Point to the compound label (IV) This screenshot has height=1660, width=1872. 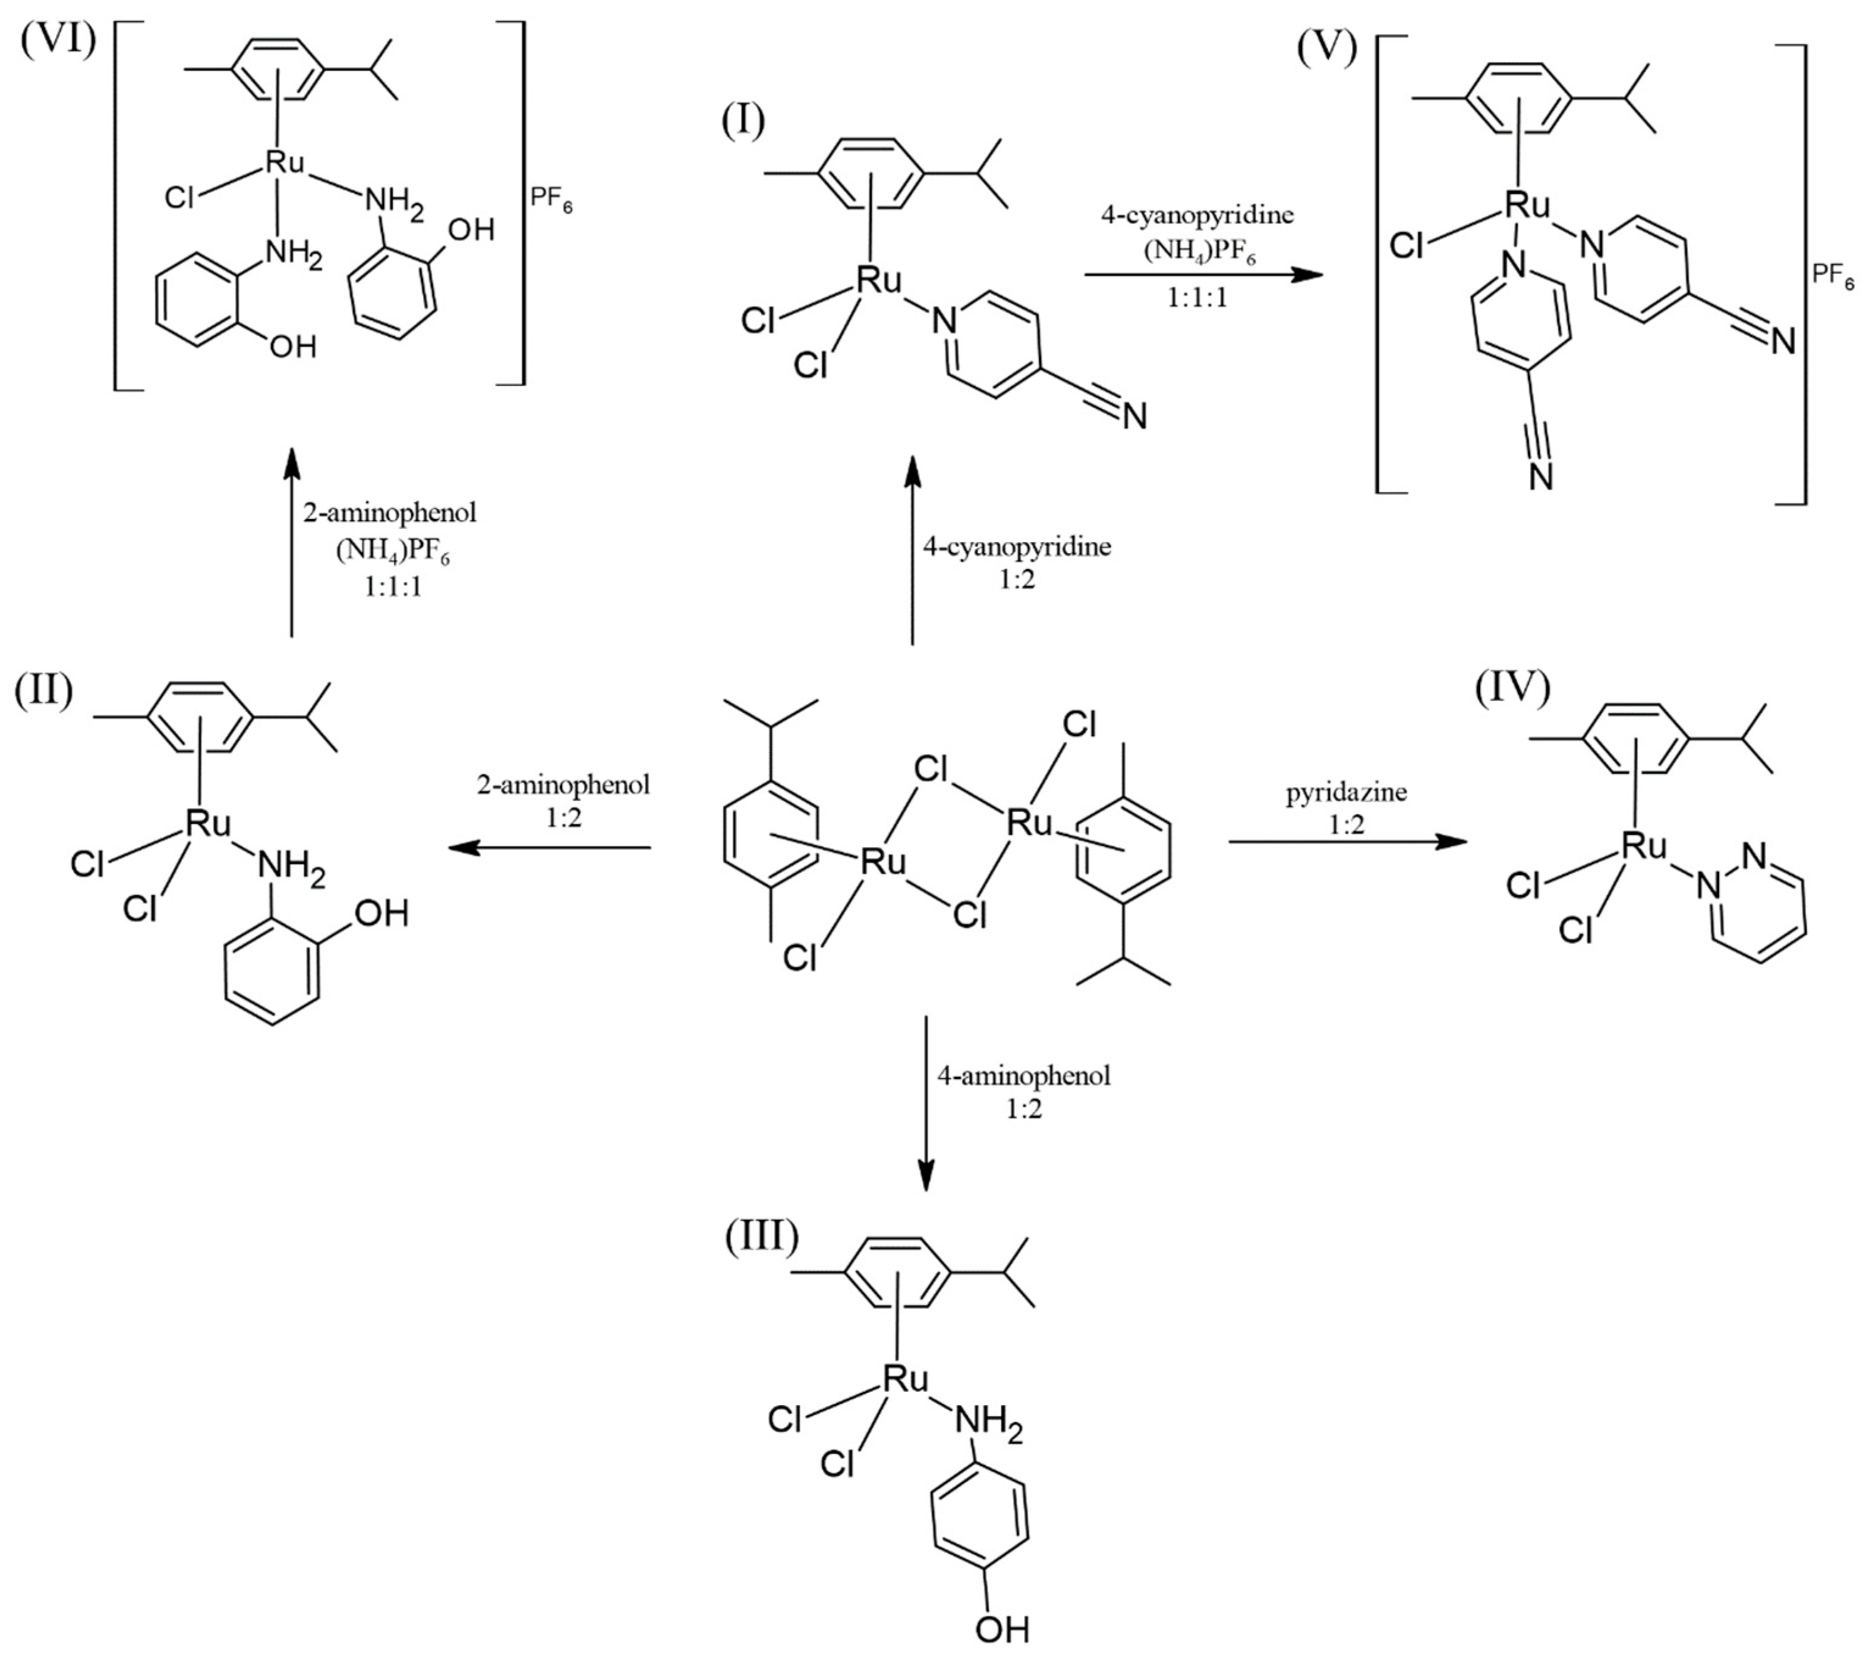pyautogui.click(x=1512, y=688)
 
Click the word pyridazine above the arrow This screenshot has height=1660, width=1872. pyautogui.click(x=1347, y=792)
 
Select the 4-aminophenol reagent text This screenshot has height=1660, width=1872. pyautogui.click(x=1024, y=1076)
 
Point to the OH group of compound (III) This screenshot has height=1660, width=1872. pyautogui.click(x=1002, y=1630)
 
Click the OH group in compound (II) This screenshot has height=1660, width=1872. pyautogui.click(x=381, y=912)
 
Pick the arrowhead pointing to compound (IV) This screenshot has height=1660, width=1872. pyautogui.click(x=1451, y=841)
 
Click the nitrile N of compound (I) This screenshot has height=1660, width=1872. pyautogui.click(x=1134, y=417)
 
